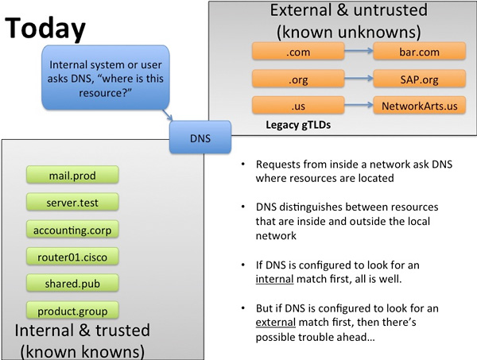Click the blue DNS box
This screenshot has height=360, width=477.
(200, 137)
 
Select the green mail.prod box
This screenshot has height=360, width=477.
(72, 175)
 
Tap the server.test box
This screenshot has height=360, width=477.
(72, 202)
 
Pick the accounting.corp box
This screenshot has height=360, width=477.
(72, 229)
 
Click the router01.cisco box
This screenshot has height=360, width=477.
(72, 257)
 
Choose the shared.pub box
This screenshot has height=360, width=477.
(72, 283)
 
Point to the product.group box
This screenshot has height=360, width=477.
(72, 311)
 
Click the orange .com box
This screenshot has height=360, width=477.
(298, 51)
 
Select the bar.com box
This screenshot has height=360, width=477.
(420, 51)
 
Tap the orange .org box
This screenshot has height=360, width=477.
(298, 79)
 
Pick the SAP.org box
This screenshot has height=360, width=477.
(420, 79)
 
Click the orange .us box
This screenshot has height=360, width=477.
(298, 105)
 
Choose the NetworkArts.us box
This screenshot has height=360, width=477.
(420, 105)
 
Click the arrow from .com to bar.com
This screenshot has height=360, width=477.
(359, 51)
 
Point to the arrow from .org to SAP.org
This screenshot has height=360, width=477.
(359, 78)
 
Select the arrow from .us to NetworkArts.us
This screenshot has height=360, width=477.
(359, 105)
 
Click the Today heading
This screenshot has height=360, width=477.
(45, 29)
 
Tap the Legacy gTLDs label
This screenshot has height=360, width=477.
(298, 125)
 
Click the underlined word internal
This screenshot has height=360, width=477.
(274, 279)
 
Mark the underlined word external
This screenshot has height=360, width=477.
(276, 322)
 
